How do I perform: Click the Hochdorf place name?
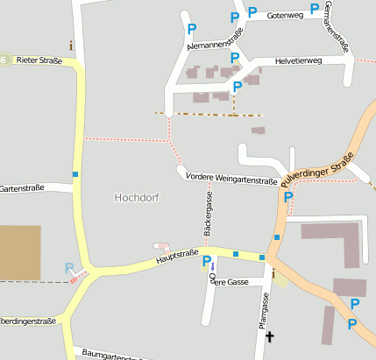coord(137,198)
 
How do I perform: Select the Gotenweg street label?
coord(285,16)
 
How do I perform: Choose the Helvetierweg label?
coord(298,60)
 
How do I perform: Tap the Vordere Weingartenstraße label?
coord(232,179)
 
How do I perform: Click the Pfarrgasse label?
coord(265,309)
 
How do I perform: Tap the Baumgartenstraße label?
coord(110,355)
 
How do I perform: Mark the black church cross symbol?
coord(269,336)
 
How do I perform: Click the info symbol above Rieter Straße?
coord(71,45)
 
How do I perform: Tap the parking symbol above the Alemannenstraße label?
coord(191,29)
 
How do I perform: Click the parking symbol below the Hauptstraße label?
coord(207,261)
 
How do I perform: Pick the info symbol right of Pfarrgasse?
coord(273,275)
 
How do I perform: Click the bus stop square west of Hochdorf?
coord(76,174)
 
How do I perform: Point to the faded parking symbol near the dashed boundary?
coord(70,268)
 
